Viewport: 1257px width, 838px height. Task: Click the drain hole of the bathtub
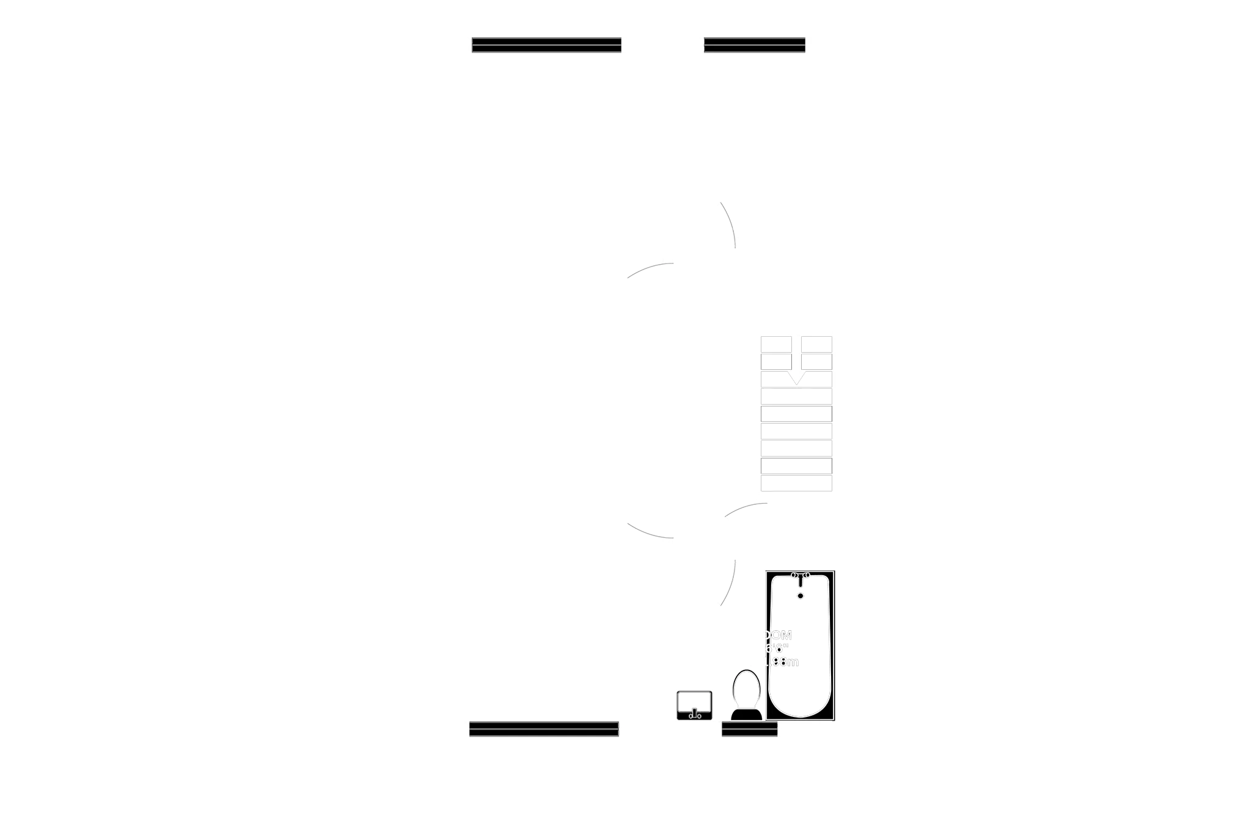point(801,595)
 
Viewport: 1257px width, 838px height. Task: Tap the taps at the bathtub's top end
point(801,575)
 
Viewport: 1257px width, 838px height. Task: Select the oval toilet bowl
point(747,689)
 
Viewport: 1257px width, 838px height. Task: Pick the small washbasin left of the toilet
point(695,704)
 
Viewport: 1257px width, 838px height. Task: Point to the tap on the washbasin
point(694,714)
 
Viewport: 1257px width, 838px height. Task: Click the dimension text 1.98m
point(782,662)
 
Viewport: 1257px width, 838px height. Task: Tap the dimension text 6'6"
point(777,649)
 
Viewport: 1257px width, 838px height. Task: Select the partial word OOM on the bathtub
point(778,635)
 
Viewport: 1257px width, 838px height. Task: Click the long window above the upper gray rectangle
point(546,44)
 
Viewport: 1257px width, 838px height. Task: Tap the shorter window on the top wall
point(755,44)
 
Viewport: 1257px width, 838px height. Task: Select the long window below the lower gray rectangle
point(544,729)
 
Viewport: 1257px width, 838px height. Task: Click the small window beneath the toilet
point(749,729)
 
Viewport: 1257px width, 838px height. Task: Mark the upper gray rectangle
point(544,88)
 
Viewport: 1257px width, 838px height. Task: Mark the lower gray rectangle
point(544,687)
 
